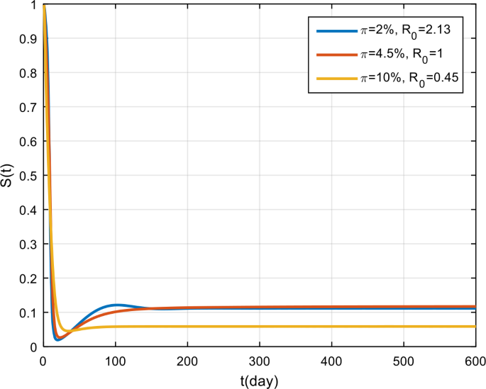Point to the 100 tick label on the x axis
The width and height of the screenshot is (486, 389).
(116, 360)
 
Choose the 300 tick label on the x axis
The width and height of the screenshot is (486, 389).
(260, 360)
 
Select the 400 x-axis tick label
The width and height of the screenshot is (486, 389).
(331, 360)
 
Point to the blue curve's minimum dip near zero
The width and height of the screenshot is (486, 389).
(58, 340)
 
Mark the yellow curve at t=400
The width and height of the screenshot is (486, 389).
(331, 327)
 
